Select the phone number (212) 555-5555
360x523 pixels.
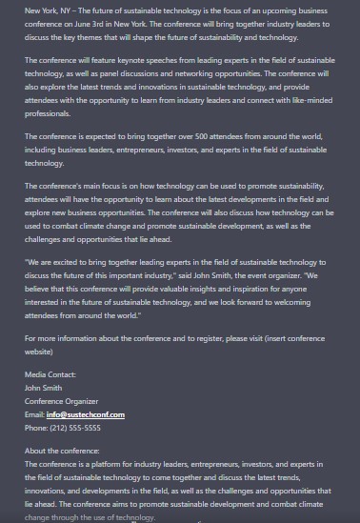[x=76, y=428]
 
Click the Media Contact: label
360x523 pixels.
[x=50, y=375]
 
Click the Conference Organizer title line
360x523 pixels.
[x=62, y=401]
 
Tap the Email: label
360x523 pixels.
[x=35, y=414]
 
